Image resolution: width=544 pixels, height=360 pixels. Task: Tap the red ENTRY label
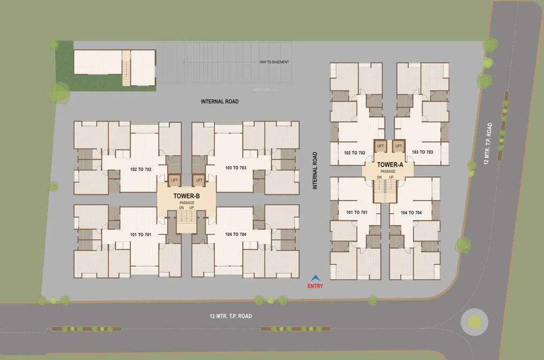click(x=315, y=286)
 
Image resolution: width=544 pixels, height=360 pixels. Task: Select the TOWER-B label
click(x=187, y=196)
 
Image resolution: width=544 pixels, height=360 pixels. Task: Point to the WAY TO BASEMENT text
click(x=274, y=62)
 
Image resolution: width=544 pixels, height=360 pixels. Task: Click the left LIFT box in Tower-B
click(x=174, y=180)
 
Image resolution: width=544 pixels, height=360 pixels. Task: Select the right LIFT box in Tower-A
click(x=399, y=146)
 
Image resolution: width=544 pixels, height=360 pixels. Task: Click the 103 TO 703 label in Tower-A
click(x=422, y=152)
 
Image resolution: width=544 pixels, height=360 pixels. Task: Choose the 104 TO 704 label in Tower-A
click(x=411, y=213)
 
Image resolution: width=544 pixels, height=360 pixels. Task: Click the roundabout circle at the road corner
click(x=475, y=322)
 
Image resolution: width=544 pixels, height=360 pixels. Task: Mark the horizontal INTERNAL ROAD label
click(x=219, y=102)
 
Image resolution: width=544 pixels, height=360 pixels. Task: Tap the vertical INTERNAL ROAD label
click(x=315, y=170)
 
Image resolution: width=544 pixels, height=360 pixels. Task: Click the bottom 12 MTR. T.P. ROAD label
click(x=231, y=316)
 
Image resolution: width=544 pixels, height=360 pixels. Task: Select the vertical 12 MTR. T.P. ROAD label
click(x=489, y=143)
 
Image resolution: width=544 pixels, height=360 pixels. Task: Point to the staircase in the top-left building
click(x=126, y=68)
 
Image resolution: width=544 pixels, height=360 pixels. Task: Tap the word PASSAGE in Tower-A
click(x=388, y=172)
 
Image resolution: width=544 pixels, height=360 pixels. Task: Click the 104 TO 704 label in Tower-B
click(x=235, y=234)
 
